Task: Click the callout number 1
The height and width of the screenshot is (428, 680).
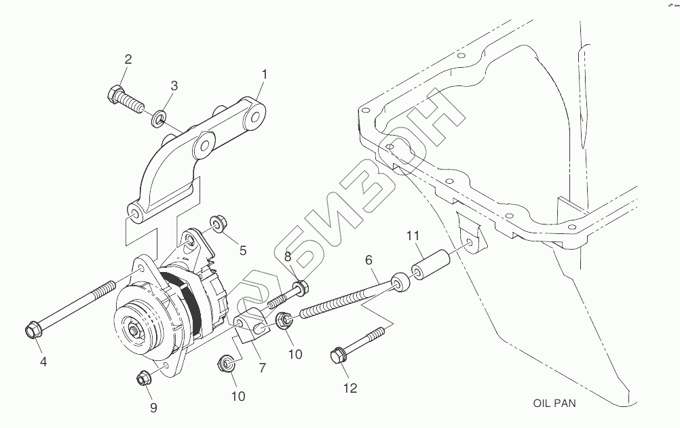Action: (265, 74)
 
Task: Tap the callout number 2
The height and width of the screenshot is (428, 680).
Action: (128, 60)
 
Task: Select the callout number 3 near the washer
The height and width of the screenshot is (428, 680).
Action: (174, 85)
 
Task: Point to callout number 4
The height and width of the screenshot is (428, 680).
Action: (43, 362)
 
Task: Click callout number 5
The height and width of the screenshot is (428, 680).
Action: (242, 250)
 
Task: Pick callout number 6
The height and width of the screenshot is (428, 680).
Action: (369, 260)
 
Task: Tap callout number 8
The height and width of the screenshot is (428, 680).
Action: (288, 256)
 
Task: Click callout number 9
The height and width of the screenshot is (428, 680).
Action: (153, 407)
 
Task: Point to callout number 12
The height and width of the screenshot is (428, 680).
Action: (350, 388)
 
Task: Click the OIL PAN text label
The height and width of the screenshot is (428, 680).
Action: (554, 403)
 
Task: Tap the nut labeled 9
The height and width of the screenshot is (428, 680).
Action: (143, 378)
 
